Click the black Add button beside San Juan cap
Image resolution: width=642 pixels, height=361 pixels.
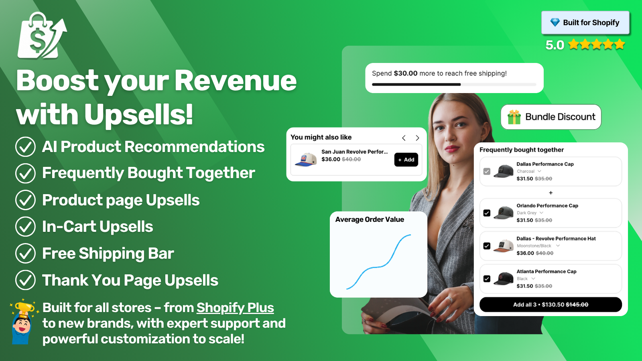[x=406, y=160]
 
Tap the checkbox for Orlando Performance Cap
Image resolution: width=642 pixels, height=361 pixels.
[x=487, y=213]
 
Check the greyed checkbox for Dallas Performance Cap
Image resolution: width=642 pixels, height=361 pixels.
[x=487, y=171]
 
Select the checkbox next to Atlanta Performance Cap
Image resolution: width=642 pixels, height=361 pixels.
[x=487, y=279]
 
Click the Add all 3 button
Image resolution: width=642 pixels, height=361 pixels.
[x=551, y=304]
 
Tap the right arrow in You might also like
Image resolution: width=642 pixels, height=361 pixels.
[x=417, y=138]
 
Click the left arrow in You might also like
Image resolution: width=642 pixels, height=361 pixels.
[x=404, y=138]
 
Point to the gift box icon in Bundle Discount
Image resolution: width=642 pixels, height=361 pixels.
[x=514, y=117]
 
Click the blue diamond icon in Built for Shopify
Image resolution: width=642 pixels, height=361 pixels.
[x=555, y=22]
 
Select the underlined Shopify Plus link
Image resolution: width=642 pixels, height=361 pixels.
[x=235, y=308]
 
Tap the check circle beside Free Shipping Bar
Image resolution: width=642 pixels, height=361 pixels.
[x=26, y=253]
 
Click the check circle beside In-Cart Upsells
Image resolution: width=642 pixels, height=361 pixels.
[x=26, y=227]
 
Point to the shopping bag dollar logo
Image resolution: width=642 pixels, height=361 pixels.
[x=42, y=36]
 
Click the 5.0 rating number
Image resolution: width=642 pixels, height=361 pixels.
[x=555, y=45]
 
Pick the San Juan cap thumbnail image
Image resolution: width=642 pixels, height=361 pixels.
[x=305, y=160]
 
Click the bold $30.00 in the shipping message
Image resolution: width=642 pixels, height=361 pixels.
[x=406, y=73]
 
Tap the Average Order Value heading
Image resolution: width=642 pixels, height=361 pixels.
[x=370, y=219]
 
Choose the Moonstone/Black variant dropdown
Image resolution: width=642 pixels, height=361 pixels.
[x=538, y=246]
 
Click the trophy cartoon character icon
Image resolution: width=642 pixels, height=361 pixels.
[x=22, y=322]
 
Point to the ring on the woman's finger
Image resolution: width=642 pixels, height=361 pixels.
[x=449, y=300]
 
